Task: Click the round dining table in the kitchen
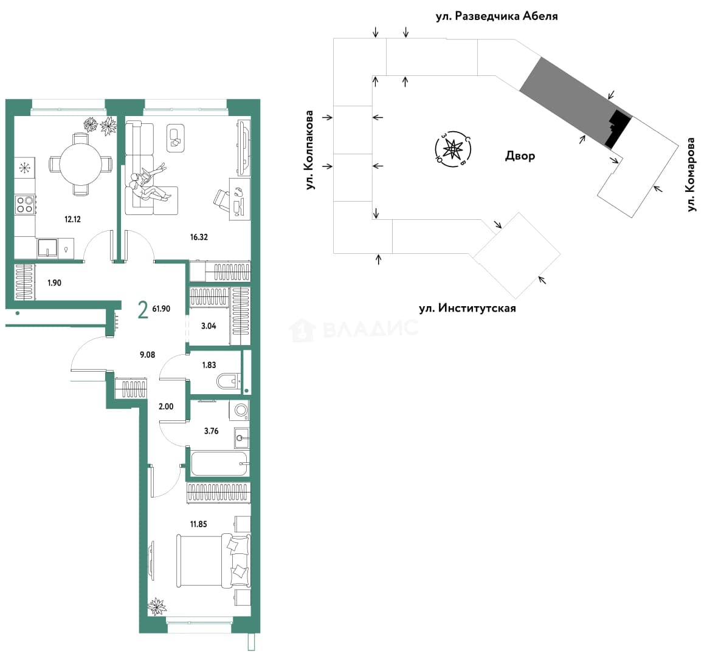80,164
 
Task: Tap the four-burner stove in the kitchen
26,203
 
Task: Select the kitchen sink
47,248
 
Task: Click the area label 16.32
199,237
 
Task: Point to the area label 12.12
72,219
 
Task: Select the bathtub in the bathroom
219,463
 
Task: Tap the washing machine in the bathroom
241,410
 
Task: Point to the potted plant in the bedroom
157,606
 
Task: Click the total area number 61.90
162,309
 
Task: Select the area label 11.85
198,524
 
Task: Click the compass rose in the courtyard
452,148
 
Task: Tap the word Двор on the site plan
520,156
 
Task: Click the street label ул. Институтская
467,308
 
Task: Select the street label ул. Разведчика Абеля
497,16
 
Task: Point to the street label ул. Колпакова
309,149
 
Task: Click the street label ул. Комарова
691,175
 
